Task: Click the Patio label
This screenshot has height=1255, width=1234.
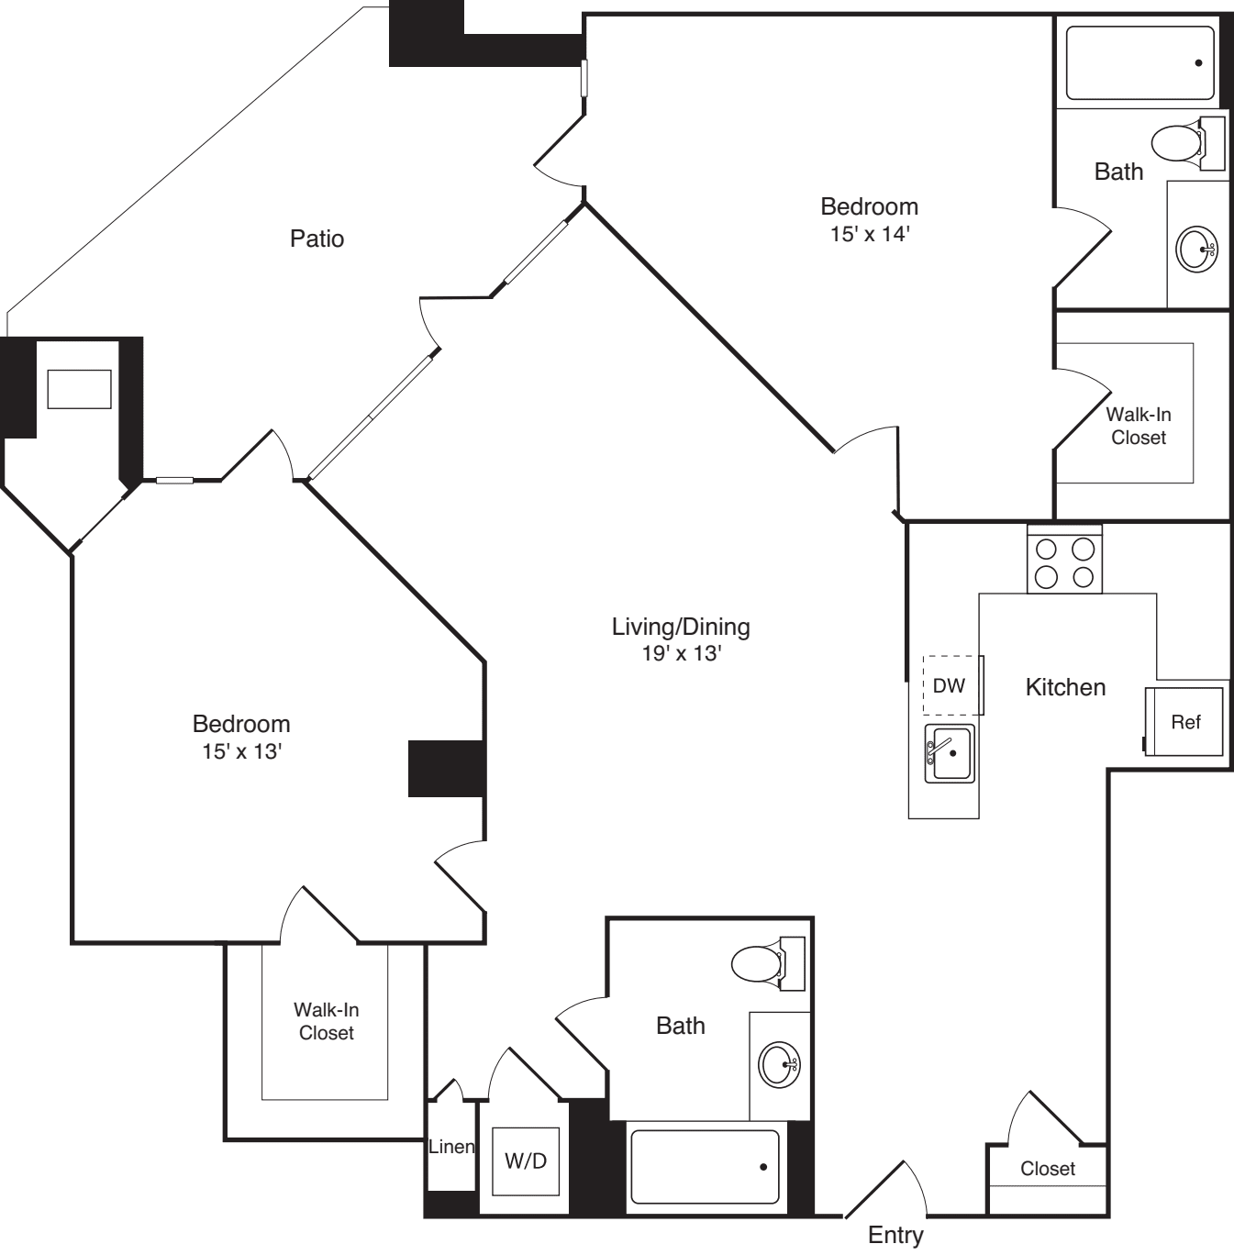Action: point(317,239)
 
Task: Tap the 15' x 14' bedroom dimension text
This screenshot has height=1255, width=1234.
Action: point(869,234)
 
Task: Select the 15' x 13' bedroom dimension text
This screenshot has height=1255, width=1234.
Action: point(241,751)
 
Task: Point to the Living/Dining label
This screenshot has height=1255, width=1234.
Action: point(681,627)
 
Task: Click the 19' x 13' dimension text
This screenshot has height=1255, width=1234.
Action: point(681,654)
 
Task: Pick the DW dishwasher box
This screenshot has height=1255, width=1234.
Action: point(950,685)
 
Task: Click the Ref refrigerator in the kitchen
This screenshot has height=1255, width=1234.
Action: point(1184,722)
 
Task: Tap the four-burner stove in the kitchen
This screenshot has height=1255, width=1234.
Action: point(1064,562)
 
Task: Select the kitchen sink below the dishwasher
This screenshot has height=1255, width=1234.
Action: point(949,753)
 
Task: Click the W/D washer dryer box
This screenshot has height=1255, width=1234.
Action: point(526,1161)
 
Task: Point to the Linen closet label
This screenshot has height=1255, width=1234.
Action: point(451,1147)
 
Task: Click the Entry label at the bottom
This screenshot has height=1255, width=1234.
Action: point(895,1235)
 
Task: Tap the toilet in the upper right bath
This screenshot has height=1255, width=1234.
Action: point(1178,143)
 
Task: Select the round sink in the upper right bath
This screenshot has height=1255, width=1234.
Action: point(1197,248)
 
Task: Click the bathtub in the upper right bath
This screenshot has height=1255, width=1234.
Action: point(1140,63)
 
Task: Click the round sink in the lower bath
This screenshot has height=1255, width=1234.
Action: point(780,1064)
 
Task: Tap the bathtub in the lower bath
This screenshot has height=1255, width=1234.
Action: point(705,1167)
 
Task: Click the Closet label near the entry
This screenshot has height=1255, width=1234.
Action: point(1047,1169)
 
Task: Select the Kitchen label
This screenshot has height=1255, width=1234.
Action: point(1065,687)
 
